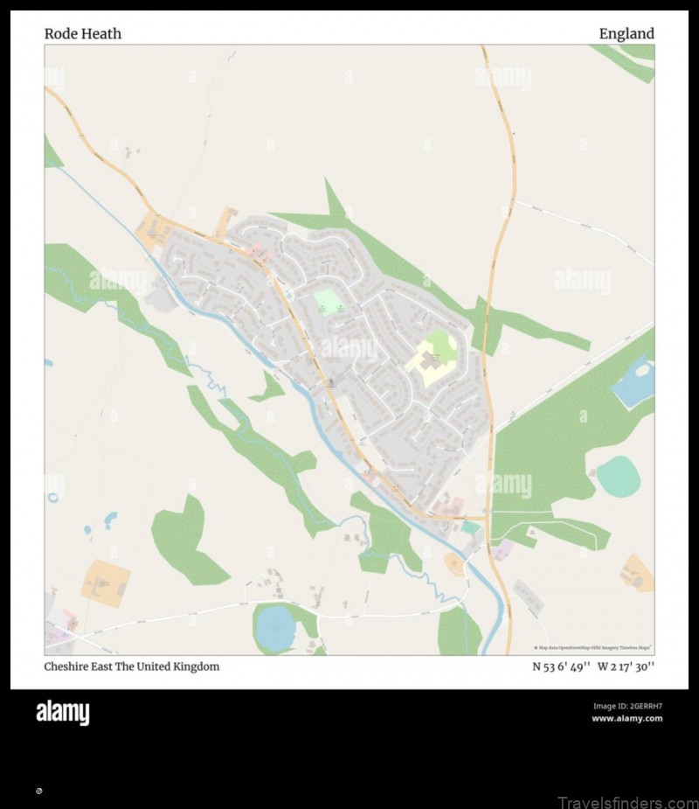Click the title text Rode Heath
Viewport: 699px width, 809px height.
coord(83,34)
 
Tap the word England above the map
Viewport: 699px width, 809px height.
coord(626,34)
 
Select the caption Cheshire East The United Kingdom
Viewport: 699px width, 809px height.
coord(132,666)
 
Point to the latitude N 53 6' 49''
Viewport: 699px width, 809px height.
coord(562,666)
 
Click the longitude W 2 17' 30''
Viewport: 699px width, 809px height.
coord(626,666)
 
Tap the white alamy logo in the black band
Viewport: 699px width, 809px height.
coord(62,713)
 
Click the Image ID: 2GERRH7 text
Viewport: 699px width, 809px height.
coord(627,706)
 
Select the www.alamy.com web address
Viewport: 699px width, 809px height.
coord(626,719)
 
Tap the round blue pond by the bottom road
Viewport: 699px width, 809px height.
coord(276,628)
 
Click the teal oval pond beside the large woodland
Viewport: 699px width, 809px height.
coord(619,477)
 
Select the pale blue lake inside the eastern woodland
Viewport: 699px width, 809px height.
coord(635,380)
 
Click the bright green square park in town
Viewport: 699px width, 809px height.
coord(328,301)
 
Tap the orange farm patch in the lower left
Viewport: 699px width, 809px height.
coord(106,582)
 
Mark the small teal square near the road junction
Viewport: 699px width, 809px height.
coord(470,527)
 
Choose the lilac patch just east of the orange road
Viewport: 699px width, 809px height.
coord(502,549)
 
